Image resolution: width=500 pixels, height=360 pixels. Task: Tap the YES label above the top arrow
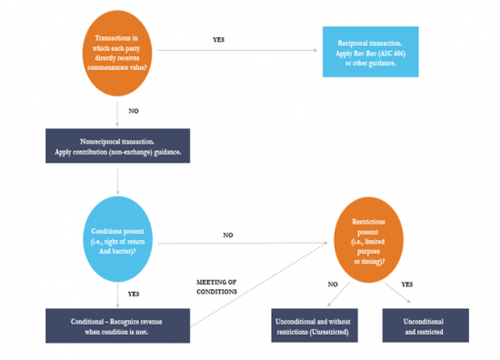(x=218, y=41)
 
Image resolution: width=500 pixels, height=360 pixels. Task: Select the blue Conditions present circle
(x=117, y=235)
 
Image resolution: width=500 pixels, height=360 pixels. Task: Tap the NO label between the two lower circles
(x=228, y=235)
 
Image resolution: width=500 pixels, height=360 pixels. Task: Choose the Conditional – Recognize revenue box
(x=118, y=325)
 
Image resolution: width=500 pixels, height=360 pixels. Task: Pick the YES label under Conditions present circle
(x=133, y=294)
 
